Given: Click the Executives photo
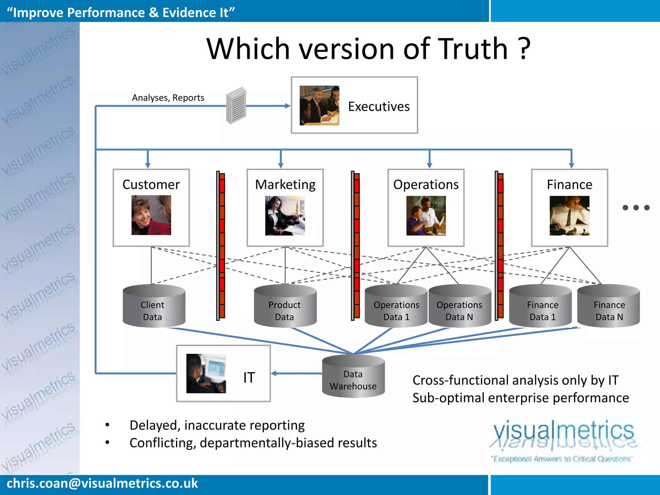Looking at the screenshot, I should point(319,105).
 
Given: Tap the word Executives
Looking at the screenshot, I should point(379,107).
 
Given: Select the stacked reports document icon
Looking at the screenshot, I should point(236,105).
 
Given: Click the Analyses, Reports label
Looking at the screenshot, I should point(168,98).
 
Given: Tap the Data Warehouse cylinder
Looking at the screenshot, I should point(353,377).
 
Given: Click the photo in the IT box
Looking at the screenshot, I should point(206,374).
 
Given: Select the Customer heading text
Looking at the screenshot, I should point(151,185).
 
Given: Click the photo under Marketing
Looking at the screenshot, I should point(285,216).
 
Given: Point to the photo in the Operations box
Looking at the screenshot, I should point(426,216).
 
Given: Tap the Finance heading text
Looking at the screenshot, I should point(569,185).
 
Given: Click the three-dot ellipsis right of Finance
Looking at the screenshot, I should point(636,208).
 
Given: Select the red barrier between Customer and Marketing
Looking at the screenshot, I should point(221,245).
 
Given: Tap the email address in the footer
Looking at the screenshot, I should point(102,483).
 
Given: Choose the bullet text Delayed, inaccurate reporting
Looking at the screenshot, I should point(217,425).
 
